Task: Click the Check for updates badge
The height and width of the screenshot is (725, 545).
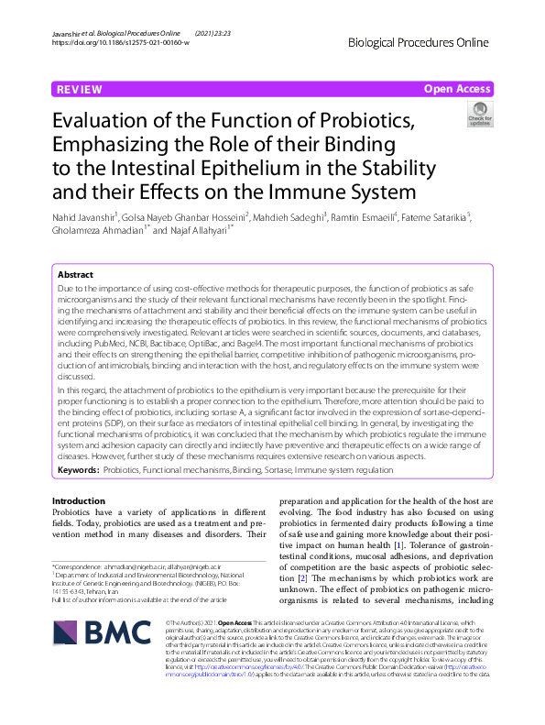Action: (x=480, y=115)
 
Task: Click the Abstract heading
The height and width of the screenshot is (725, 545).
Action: (x=75, y=275)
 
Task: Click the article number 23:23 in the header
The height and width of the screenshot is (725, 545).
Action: (x=207, y=32)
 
